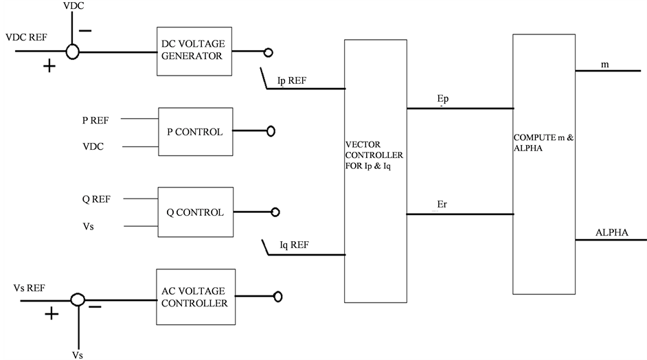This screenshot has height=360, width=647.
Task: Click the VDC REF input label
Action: [x=26, y=37]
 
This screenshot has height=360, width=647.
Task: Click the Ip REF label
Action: [x=292, y=80]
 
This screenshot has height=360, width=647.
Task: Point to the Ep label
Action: [x=443, y=100]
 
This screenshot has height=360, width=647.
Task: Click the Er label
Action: [x=443, y=205]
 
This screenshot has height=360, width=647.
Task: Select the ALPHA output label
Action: [x=612, y=232]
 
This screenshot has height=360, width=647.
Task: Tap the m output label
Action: [x=604, y=65]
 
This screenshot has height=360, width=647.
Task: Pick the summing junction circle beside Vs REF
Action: [x=78, y=300]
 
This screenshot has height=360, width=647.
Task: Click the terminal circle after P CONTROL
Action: [x=271, y=131]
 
